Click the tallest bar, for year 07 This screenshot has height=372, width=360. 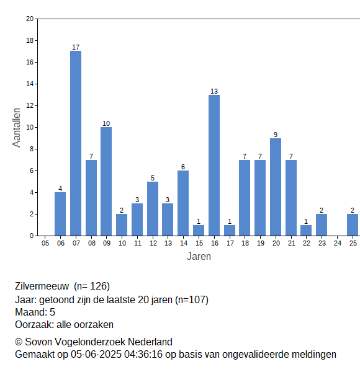76,143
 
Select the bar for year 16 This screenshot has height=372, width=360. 214,166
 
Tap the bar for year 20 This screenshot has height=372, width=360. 276,187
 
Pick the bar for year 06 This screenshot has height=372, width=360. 60,214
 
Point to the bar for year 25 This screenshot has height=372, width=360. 353,225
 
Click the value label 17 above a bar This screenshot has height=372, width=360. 76,47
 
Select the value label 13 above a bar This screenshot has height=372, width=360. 214,91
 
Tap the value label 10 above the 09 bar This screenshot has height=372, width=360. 106,123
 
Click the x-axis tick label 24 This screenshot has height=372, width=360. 338,243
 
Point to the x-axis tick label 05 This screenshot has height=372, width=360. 45,243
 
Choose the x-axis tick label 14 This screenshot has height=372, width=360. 184,243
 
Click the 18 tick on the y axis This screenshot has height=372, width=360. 30,40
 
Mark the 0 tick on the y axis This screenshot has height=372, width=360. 32,236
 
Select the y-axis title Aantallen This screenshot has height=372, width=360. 17,128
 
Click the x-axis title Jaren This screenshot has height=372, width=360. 199,257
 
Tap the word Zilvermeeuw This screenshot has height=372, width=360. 42,286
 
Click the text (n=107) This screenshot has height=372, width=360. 192,300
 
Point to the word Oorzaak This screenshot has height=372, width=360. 34,324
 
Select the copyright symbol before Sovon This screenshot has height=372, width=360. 19,342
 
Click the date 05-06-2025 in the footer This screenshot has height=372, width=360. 96,355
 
